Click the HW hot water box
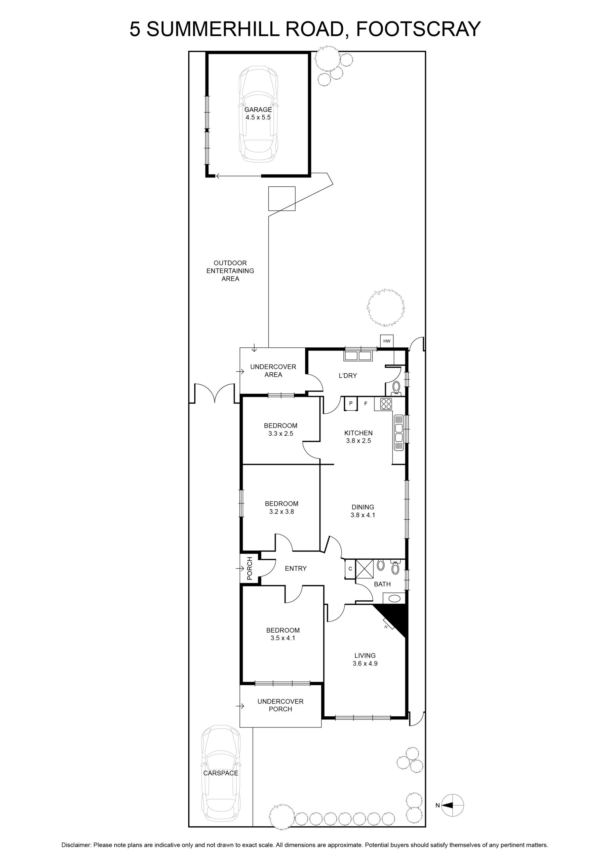click(x=387, y=341)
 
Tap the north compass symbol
click(x=453, y=805)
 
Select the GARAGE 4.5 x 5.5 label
click(x=258, y=113)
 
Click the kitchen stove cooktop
click(x=386, y=404)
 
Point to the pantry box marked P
click(x=351, y=404)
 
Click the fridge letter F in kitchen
click(x=366, y=404)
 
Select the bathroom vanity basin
click(x=394, y=598)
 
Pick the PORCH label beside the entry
click(x=250, y=568)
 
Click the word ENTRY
click(x=296, y=568)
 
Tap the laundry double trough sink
click(x=358, y=355)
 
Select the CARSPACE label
click(x=221, y=773)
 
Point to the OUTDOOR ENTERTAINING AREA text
click(x=230, y=271)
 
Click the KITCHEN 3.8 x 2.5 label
click(x=358, y=437)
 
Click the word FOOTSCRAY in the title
click(x=418, y=29)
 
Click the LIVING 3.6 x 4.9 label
click(x=365, y=659)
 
